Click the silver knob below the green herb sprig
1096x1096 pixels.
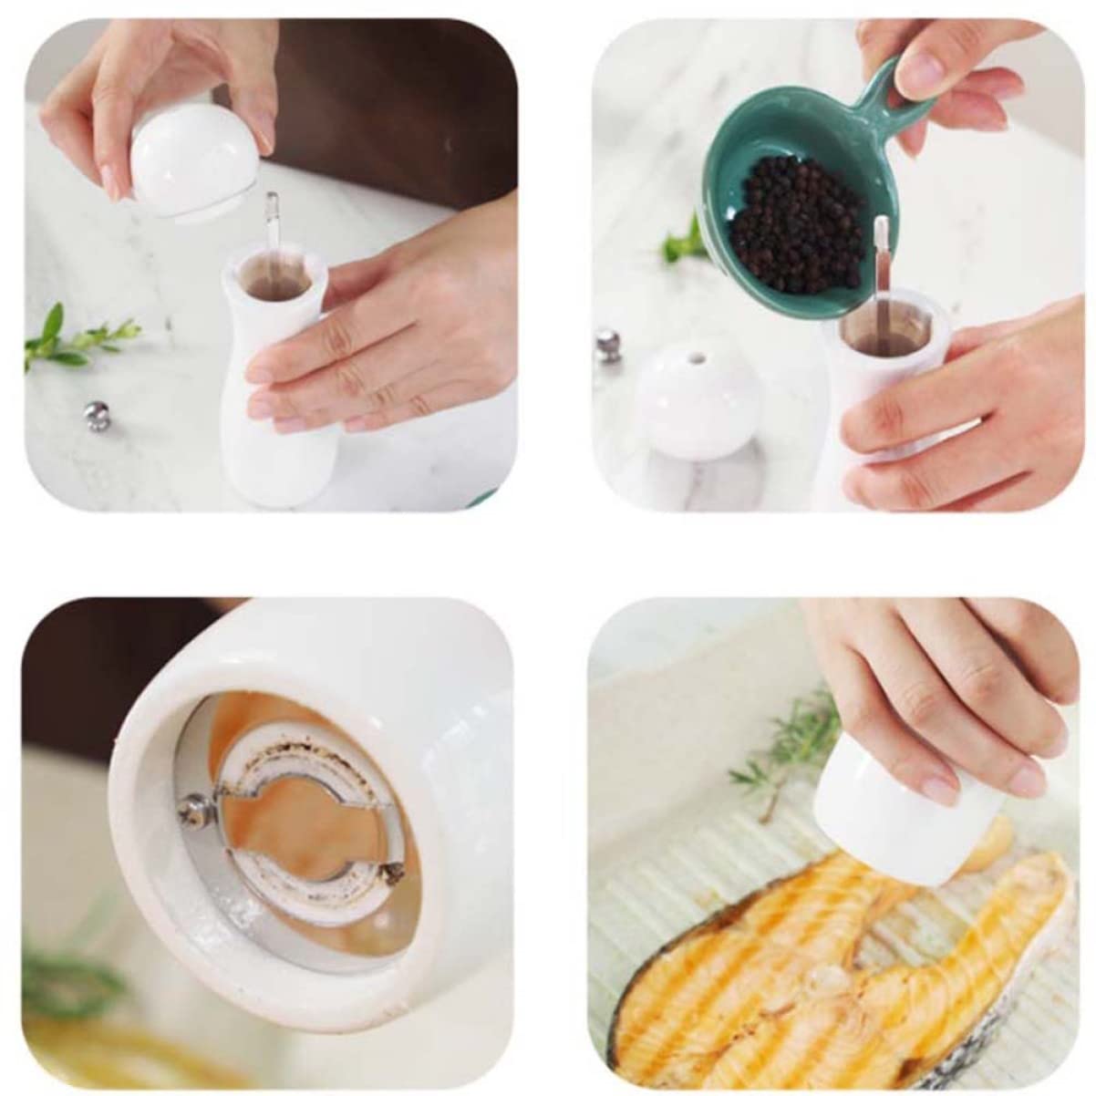tap(96, 416)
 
